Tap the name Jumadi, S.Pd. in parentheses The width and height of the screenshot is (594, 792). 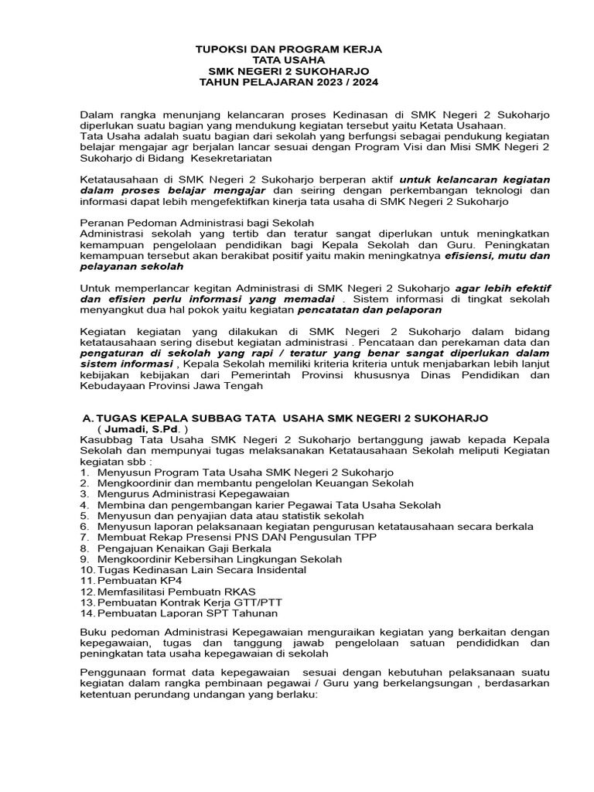coord(142,429)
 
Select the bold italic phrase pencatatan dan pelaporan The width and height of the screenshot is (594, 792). coord(370,309)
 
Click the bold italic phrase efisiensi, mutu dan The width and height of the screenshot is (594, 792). coord(497,254)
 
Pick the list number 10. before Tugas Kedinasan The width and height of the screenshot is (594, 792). coord(87,569)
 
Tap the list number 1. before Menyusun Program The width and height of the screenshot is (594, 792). coord(85,472)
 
